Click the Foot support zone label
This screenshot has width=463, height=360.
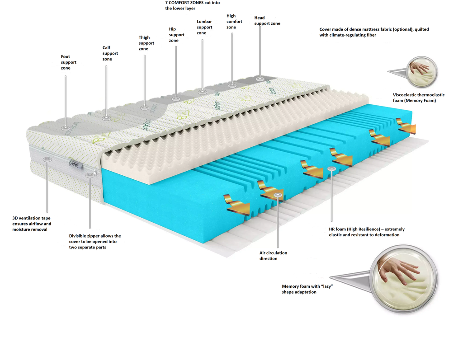pyautogui.click(x=69, y=62)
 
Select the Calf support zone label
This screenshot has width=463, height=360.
pyautogui.click(x=110, y=53)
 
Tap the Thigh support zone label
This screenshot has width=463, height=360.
pyautogui.click(x=146, y=43)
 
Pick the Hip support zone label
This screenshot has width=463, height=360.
pyautogui.click(x=177, y=35)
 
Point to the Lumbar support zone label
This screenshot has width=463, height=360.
pyautogui.click(x=204, y=27)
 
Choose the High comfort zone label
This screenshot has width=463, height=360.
pyautogui.click(x=234, y=22)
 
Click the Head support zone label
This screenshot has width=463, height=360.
pyautogui.click(x=267, y=21)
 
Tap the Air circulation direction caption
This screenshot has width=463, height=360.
pyautogui.click(x=273, y=256)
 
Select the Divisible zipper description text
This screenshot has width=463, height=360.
pyautogui.click(x=95, y=242)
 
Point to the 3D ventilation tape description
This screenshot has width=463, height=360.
pyautogui.click(x=32, y=224)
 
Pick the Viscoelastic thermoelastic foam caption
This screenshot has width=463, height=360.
pyautogui.click(x=419, y=98)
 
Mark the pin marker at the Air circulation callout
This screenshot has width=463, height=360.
pyautogui.click(x=278, y=196)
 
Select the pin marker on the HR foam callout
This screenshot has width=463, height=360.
pyautogui.click(x=332, y=169)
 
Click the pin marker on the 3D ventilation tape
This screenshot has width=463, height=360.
pyautogui.click(x=47, y=159)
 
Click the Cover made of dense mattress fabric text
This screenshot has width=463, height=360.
pyautogui.click(x=374, y=32)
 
